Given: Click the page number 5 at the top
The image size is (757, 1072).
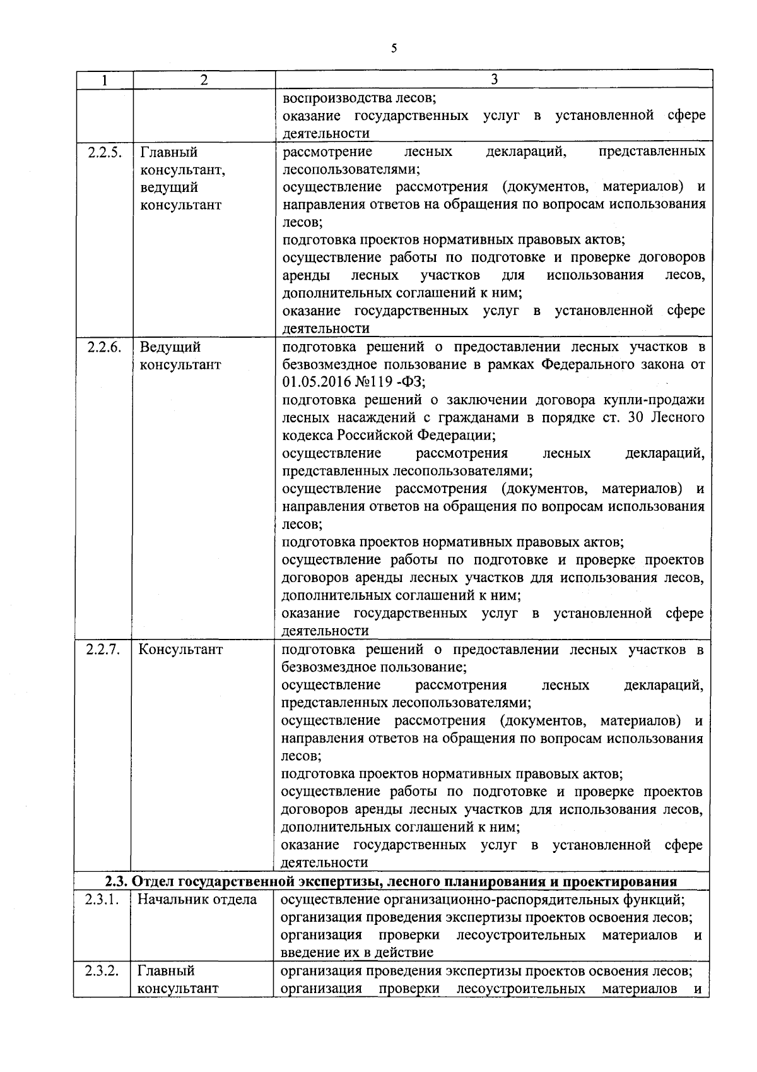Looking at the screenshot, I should point(394,49).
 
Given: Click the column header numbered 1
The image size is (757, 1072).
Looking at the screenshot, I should point(104,80).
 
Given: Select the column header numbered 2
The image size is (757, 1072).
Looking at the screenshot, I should point(203,80).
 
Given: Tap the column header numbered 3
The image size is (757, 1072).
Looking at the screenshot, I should point(494,80).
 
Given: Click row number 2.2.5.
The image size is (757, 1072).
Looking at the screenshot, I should point(104,152).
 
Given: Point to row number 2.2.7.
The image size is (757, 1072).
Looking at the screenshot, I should point(103,650).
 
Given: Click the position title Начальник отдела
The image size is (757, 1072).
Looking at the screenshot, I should point(197,900).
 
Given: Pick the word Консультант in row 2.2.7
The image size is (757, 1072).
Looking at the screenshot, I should point(180,650).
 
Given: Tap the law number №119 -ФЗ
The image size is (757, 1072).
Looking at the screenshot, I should point(393,383).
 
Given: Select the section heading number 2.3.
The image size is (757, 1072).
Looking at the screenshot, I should point(117,881).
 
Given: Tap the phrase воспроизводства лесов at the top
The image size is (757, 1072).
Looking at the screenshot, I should point(358,98).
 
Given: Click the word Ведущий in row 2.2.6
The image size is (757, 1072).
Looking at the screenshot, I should point(170,347).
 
